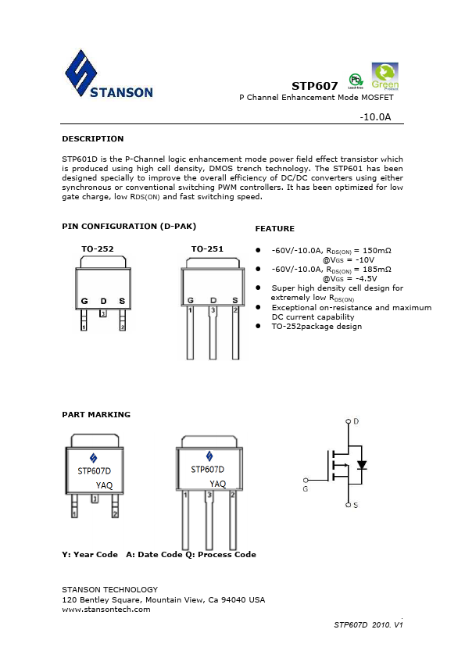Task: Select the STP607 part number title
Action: point(314,85)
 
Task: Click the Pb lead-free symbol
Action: point(355,80)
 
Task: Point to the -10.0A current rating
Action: point(374,116)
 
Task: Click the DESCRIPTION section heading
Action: point(92,138)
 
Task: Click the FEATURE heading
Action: point(274,228)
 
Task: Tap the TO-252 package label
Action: point(97,249)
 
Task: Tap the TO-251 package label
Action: point(207,249)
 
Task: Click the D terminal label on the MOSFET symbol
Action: point(356,421)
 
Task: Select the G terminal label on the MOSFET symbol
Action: point(305,489)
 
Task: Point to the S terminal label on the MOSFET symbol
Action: point(356,506)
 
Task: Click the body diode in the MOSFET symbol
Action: point(361,464)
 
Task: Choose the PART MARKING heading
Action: point(96,414)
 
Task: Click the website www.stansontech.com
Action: point(106,609)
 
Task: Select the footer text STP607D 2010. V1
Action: point(367,625)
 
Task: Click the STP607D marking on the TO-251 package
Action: point(207,470)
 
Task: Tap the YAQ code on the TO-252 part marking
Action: point(104,485)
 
